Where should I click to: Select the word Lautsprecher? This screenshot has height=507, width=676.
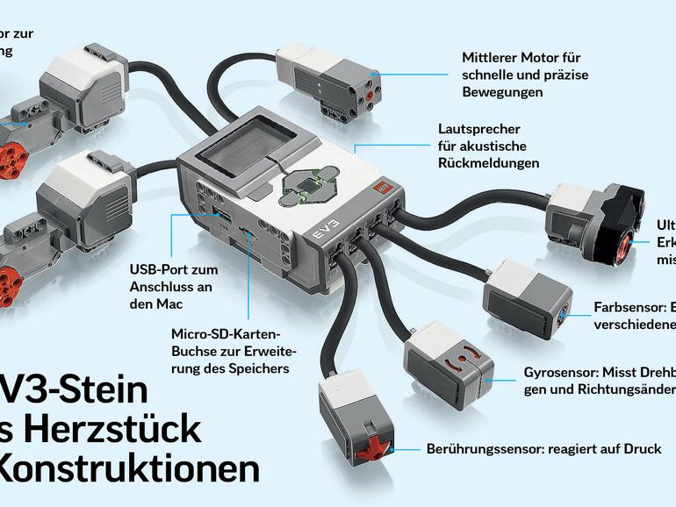(478, 129)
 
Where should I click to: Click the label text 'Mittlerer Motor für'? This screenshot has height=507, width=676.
(521, 58)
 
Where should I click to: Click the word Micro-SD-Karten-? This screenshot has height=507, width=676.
(225, 335)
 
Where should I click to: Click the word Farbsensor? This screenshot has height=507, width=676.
(618, 308)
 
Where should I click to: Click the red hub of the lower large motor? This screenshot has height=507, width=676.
(10, 285)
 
